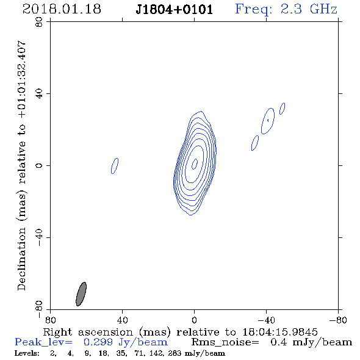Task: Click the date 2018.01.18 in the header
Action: point(62,9)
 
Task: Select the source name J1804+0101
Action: point(175,10)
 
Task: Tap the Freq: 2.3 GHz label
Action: point(286,10)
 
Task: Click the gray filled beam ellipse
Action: point(81,294)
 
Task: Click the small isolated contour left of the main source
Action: point(115,166)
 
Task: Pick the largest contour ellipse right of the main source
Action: point(268,121)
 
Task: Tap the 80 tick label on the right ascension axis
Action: point(50,320)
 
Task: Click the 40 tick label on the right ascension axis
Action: point(122,320)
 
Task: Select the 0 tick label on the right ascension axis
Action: point(194,320)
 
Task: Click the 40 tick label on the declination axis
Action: point(39,94)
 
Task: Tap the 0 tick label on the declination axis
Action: point(39,165)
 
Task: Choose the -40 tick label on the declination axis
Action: point(39,237)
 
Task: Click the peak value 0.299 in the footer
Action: point(98,342)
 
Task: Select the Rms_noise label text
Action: point(225,342)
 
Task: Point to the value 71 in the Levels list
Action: point(139,353)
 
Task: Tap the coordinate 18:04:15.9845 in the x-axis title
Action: point(280,332)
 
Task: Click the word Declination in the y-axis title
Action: point(21,259)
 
